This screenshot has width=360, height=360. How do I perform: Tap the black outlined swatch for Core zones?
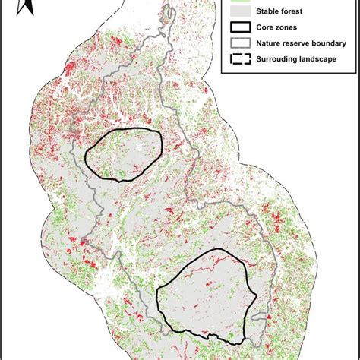coord(238,28)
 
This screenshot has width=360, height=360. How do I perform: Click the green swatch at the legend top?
coord(238,2)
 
